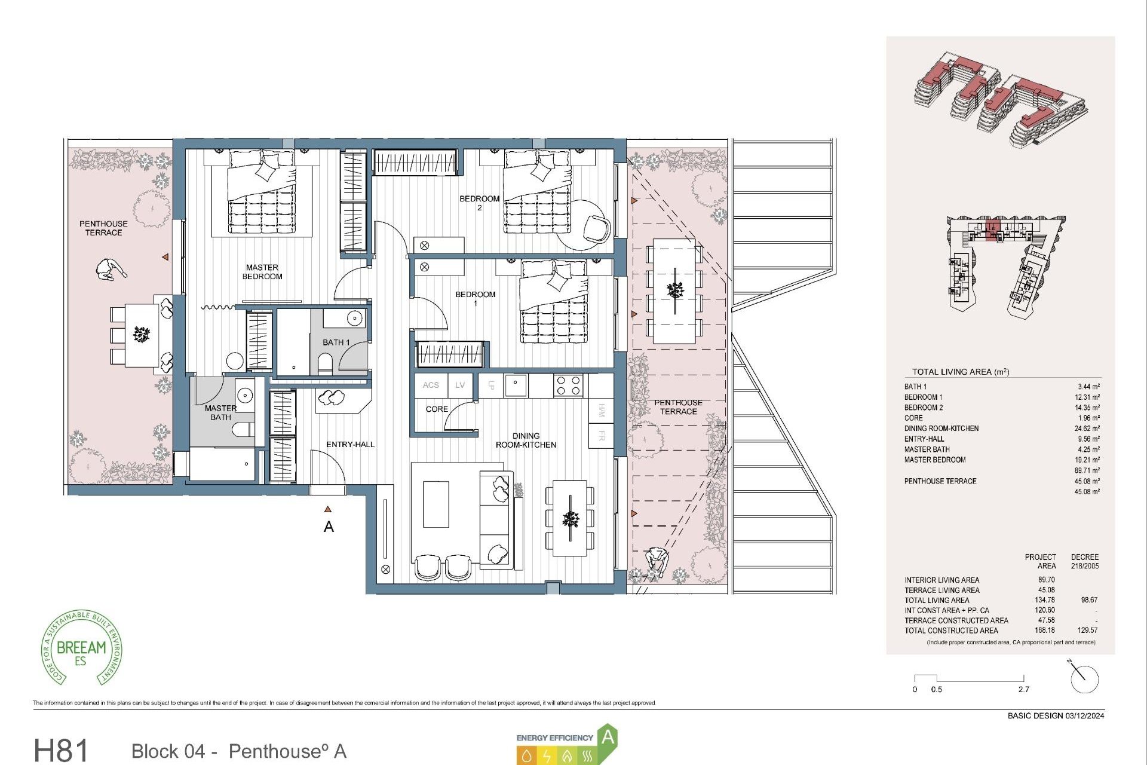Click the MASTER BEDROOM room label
pyautogui.click(x=262, y=272)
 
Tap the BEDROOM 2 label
pyautogui.click(x=479, y=203)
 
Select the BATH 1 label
pyautogui.click(x=336, y=342)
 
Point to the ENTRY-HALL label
pyautogui.click(x=350, y=445)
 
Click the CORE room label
pyautogui.click(x=437, y=409)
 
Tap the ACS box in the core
pyautogui.click(x=431, y=385)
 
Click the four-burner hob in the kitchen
pyautogui.click(x=568, y=385)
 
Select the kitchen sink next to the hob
pyautogui.click(x=516, y=385)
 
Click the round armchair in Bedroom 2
pyautogui.click(x=597, y=228)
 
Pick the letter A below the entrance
pyautogui.click(x=329, y=527)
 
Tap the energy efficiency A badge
pyautogui.click(x=607, y=737)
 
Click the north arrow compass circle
pyautogui.click(x=1084, y=680)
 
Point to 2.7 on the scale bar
pyautogui.click(x=1024, y=690)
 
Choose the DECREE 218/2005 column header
pyautogui.click(x=1084, y=561)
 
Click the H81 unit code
pyautogui.click(x=61, y=750)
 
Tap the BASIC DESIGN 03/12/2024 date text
pyautogui.click(x=1056, y=716)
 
